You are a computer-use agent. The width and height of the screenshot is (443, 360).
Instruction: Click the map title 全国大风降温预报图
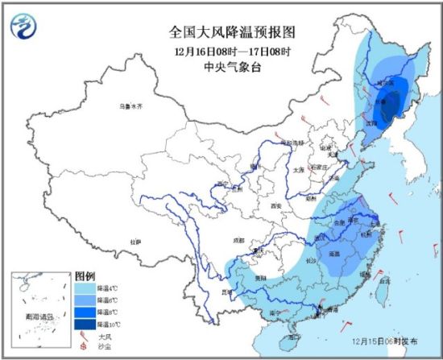[x=221, y=33]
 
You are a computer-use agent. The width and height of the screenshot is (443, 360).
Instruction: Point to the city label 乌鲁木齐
[x=130, y=106]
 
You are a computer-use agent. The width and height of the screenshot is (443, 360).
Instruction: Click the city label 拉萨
[x=135, y=241]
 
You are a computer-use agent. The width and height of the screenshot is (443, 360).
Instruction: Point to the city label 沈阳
[x=370, y=123]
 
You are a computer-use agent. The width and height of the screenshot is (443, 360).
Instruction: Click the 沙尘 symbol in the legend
[x=84, y=348]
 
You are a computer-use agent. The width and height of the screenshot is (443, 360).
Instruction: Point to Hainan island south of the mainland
[x=296, y=329]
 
